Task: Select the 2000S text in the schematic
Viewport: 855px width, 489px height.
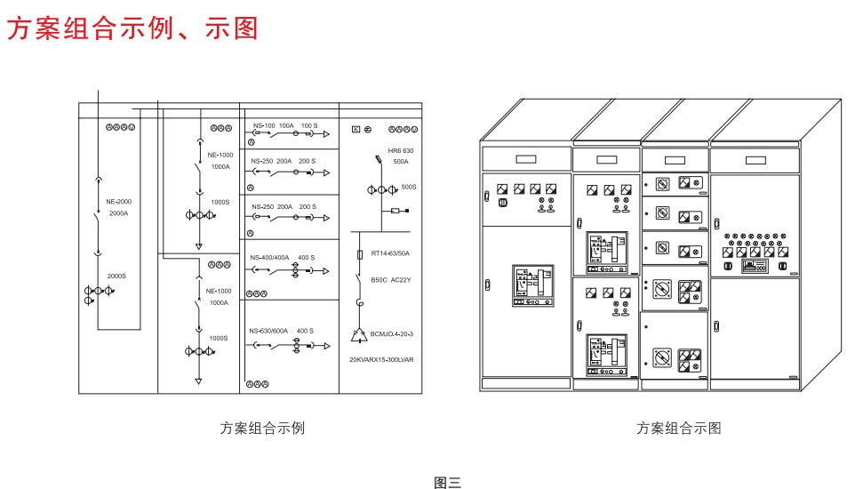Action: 117,276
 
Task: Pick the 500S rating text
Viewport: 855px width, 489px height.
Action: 409,188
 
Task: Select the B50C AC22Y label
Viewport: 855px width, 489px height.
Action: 391,280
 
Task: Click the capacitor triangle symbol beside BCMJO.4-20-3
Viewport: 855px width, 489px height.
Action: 360,335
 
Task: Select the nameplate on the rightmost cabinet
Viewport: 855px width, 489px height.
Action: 755,160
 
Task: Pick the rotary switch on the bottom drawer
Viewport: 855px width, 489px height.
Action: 660,359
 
